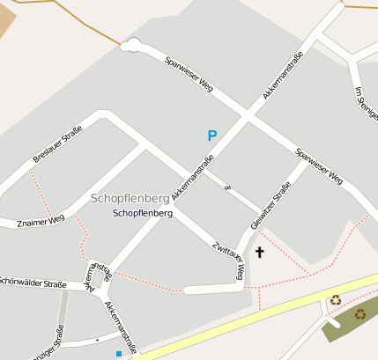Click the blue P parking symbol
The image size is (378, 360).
(211, 136)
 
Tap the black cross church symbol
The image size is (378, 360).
(259, 253)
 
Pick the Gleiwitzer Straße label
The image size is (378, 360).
(271, 206)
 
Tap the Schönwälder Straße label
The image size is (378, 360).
(33, 284)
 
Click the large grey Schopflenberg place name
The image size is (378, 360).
(130, 198)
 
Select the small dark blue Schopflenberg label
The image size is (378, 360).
(143, 213)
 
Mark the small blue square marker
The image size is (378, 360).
(119, 354)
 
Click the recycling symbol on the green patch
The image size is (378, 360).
(359, 313)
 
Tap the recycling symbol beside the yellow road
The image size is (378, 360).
(335, 300)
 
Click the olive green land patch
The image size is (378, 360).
(348, 322)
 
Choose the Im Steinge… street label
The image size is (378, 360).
(364, 105)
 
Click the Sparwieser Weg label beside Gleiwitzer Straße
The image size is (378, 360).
(320, 164)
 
